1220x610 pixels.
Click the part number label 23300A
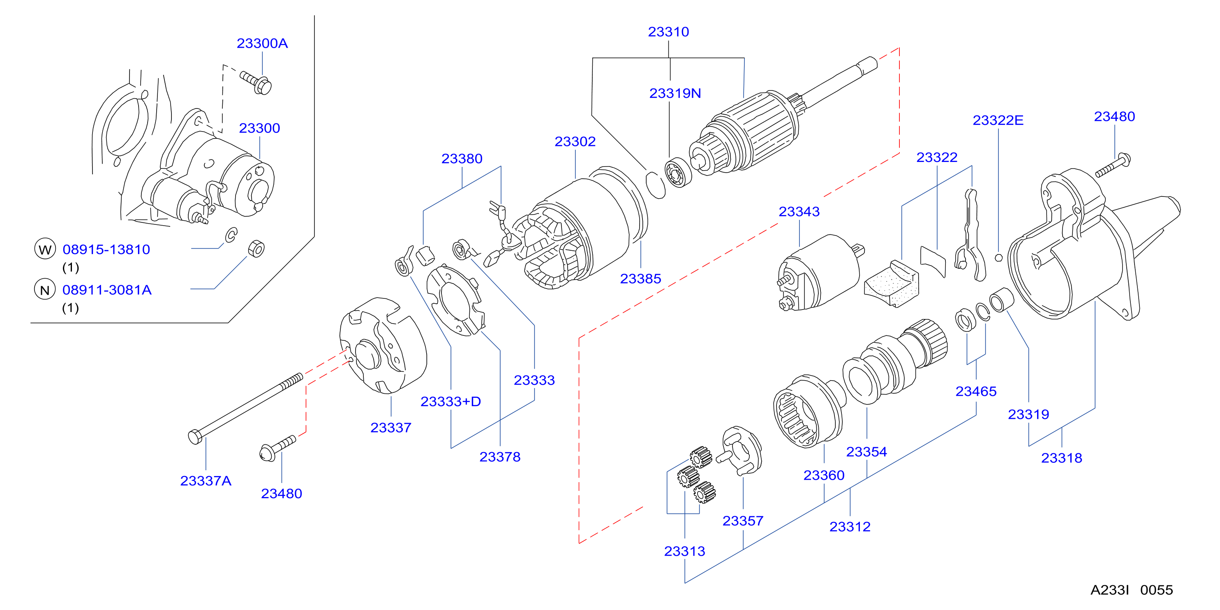coord(262,44)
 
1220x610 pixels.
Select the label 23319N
coord(675,93)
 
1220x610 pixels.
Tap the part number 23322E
coord(998,120)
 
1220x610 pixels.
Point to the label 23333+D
coord(451,402)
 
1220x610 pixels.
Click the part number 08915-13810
coord(106,250)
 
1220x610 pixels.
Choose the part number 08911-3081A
coord(107,290)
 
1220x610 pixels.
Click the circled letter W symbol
coord(45,249)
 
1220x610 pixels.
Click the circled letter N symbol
coord(45,289)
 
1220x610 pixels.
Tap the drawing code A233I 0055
coord(1132,590)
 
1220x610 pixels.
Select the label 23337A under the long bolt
coord(206,481)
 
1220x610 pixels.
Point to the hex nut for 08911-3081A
coord(256,249)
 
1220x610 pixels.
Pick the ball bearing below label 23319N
coord(678,173)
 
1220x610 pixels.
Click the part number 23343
coord(799,212)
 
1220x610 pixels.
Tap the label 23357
coord(743,521)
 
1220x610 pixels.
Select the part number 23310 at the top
coord(668,32)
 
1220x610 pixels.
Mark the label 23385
coord(640,279)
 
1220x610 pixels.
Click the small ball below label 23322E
coord(998,258)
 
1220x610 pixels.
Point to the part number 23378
coord(500,457)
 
